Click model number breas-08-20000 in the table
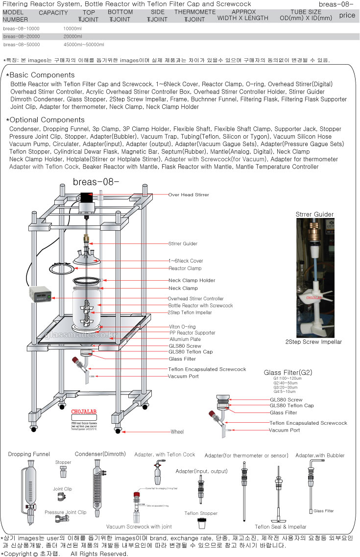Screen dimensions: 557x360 pyautogui.click(x=21, y=36)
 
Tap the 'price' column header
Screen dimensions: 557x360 pyautogui.click(x=347, y=15)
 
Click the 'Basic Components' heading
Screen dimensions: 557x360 pyautogui.click(x=42, y=75)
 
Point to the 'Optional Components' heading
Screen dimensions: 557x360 pyautogui.click(x=47, y=120)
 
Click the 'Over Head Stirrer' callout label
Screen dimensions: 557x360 pyautogui.click(x=189, y=194)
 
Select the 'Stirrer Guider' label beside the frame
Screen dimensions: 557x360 pyautogui.click(x=183, y=243)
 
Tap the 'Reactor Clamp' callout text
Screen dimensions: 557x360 pyautogui.click(x=185, y=268)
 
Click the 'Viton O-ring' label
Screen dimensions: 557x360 pyautogui.click(x=183, y=327)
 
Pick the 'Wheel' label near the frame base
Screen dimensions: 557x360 pyautogui.click(x=177, y=432)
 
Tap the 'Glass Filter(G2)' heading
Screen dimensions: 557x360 pyautogui.click(x=288, y=372)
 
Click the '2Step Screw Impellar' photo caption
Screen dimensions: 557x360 pyautogui.click(x=313, y=341)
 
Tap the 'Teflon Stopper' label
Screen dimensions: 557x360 pyautogui.click(x=201, y=513)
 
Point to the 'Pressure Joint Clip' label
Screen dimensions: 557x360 pyautogui.click(x=65, y=512)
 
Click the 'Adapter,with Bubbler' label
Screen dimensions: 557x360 pyautogui.click(x=320, y=456)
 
